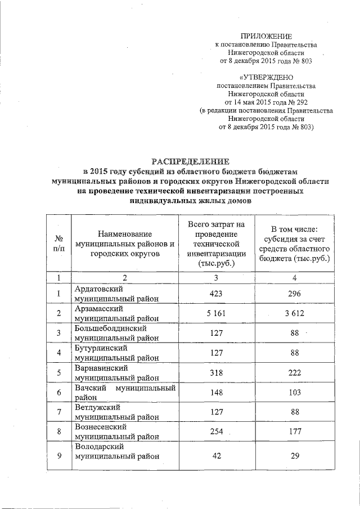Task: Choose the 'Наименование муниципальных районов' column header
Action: (125, 244)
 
